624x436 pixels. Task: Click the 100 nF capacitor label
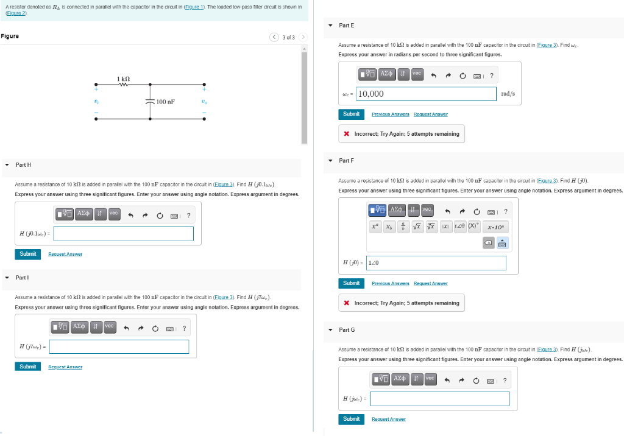click(x=165, y=102)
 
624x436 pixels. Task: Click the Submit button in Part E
click(x=351, y=114)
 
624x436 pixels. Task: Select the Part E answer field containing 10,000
click(x=425, y=94)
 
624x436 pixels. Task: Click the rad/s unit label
click(x=507, y=94)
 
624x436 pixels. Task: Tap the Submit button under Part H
click(x=27, y=254)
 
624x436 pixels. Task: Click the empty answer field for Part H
click(x=124, y=234)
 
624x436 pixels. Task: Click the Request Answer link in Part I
click(x=65, y=367)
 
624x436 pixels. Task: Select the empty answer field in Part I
click(x=119, y=346)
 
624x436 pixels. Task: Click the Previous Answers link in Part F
click(x=390, y=284)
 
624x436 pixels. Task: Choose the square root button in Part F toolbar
click(x=417, y=227)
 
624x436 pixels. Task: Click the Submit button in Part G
click(x=351, y=419)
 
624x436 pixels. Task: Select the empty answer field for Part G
click(x=439, y=399)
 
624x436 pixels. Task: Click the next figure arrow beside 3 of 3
click(x=302, y=38)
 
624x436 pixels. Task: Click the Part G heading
click(x=347, y=329)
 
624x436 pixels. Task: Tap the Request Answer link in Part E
click(x=430, y=114)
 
